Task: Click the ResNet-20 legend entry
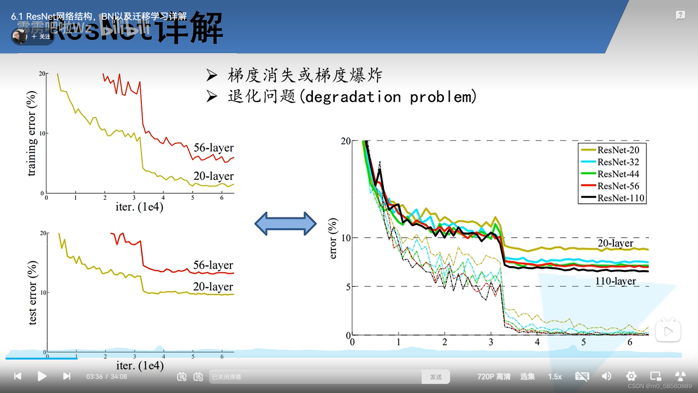pos(618,150)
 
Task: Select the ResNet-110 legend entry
pos(620,198)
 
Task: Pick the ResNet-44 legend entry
pos(618,174)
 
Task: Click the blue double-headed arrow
pos(285,223)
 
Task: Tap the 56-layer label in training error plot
pos(213,148)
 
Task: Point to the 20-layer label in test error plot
pos(213,287)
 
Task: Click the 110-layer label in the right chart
pos(615,281)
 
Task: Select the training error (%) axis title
pos(31,134)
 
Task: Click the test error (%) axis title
pos(32,293)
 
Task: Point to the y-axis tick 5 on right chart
pos(348,287)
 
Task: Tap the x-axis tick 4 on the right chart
pos(537,342)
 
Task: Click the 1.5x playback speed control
pos(555,377)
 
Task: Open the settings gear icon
pos(631,376)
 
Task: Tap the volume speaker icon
pos(606,376)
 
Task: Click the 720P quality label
pos(494,377)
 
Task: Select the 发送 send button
pos(436,377)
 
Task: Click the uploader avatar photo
pos(20,36)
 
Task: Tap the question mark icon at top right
pos(680,15)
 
